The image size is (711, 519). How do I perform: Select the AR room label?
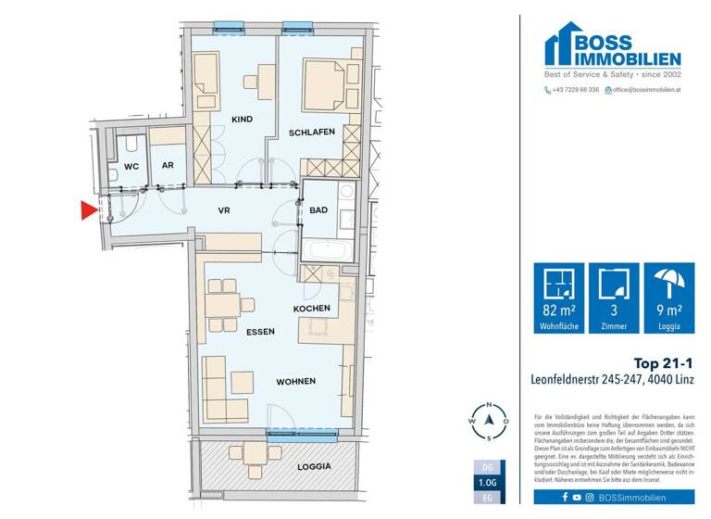[x=168, y=167]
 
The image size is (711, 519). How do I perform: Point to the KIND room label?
[x=242, y=120]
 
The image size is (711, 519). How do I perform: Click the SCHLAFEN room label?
[x=311, y=133]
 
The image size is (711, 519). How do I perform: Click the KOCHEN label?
[x=312, y=309]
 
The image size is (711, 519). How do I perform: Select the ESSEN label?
[x=260, y=331]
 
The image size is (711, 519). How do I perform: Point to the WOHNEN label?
[x=295, y=381]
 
